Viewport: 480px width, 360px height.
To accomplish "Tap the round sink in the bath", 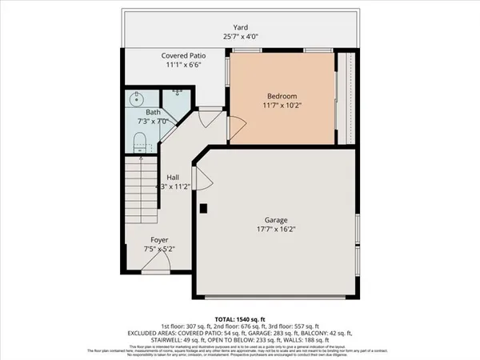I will point(136,102).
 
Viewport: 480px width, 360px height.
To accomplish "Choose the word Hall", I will point(172,177).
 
